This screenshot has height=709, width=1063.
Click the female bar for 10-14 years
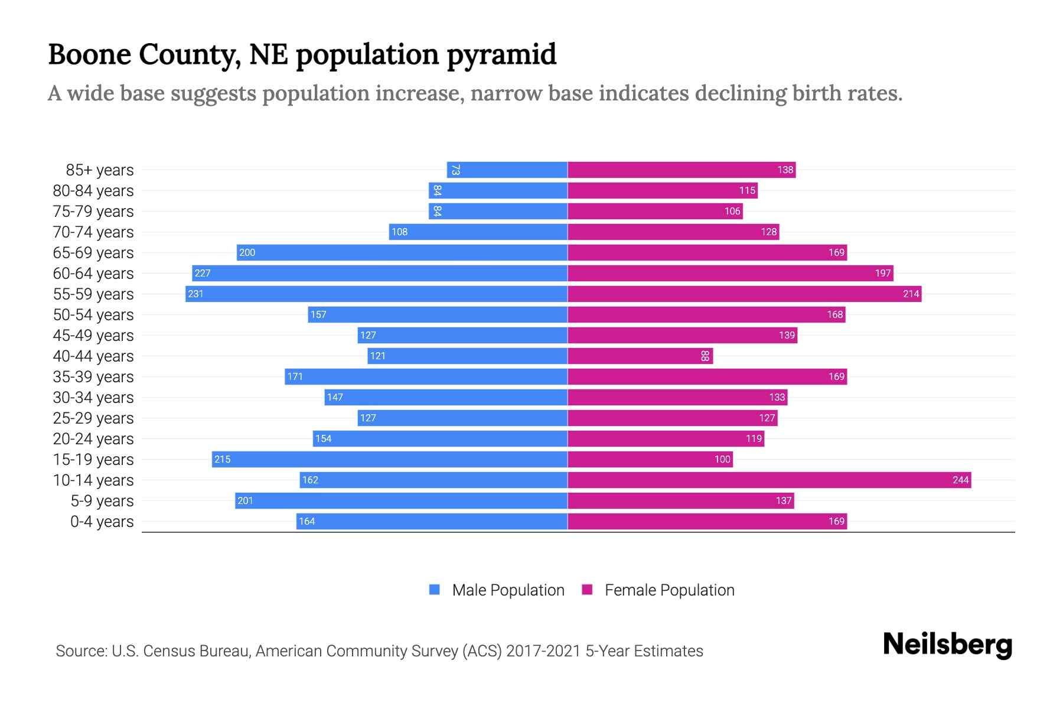click(x=769, y=480)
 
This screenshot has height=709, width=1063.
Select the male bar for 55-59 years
click(x=376, y=294)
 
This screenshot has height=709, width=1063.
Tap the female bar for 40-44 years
click(x=640, y=356)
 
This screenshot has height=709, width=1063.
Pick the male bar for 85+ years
click(x=507, y=170)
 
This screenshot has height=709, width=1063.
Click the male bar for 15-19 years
click(x=390, y=459)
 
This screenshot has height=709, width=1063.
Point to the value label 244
click(x=960, y=480)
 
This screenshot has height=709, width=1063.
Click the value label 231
click(x=195, y=294)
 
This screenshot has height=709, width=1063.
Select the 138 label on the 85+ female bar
click(x=785, y=170)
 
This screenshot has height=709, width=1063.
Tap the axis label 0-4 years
click(x=102, y=522)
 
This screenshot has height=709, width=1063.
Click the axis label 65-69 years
click(x=93, y=253)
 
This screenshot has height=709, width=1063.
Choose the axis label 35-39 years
click(x=93, y=377)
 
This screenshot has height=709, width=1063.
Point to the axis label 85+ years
click(x=100, y=170)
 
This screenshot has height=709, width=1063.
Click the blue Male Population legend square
click(x=435, y=590)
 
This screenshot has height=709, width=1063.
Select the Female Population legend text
click(x=669, y=590)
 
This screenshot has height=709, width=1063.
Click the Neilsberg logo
click(x=947, y=645)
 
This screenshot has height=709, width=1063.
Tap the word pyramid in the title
click(x=501, y=54)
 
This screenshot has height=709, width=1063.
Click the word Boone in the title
click(x=89, y=54)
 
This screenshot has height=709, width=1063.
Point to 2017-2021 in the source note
click(x=543, y=651)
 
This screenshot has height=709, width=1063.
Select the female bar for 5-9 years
click(x=680, y=500)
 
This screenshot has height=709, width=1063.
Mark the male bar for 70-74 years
click(x=478, y=232)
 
